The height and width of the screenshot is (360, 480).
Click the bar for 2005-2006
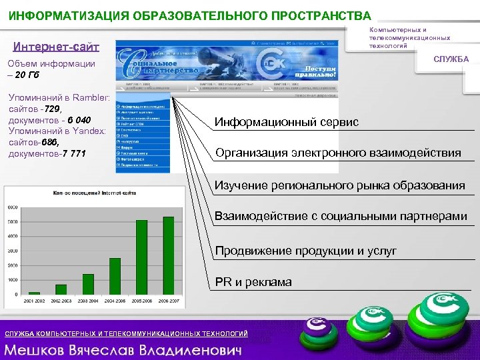[x=141, y=257]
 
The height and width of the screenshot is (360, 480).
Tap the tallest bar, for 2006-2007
[x=168, y=255]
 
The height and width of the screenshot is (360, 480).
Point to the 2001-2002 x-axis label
[x=34, y=301]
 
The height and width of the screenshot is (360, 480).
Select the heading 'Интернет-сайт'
[x=56, y=47]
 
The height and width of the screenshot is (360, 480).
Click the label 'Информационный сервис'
[x=287, y=122]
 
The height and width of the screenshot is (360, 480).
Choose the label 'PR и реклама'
[x=253, y=282]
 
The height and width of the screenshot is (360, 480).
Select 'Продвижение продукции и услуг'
[x=305, y=251]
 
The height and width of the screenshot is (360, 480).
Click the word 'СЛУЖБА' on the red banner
[x=451, y=59]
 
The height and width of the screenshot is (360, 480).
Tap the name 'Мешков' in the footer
[x=41, y=349]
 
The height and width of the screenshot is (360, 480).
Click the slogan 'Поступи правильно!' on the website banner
[x=311, y=72]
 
